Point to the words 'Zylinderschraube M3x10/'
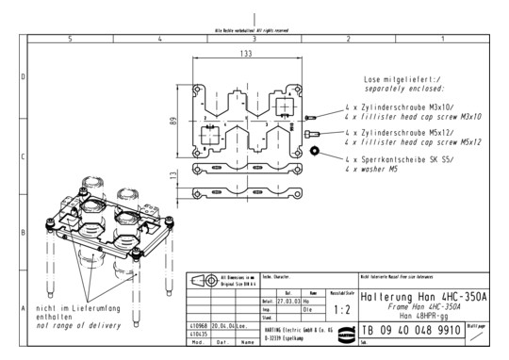[417, 107]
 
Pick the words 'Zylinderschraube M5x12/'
[417, 134]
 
